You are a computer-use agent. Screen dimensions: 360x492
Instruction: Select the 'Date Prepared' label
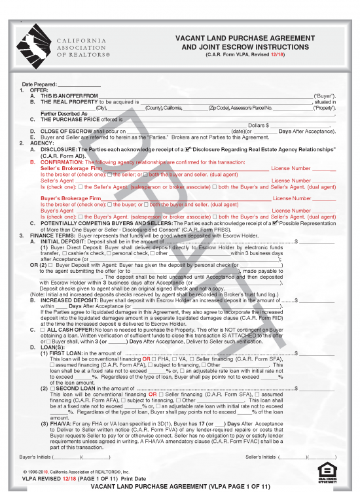(39, 85)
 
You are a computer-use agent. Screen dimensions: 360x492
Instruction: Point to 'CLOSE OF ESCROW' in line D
(65, 131)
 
